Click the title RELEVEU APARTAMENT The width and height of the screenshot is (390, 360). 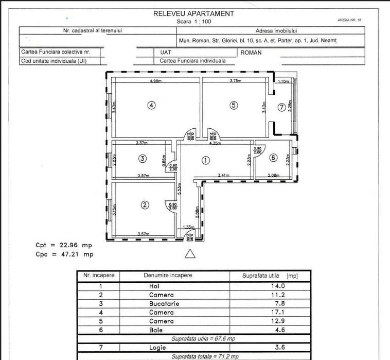coord(193,14)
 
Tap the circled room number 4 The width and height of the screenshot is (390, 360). coord(151,105)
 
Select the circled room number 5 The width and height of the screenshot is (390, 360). coord(233,105)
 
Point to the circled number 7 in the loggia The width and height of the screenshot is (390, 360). coord(281,108)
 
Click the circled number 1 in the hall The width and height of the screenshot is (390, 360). coord(206,160)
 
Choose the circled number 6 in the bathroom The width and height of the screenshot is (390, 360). coord(274,158)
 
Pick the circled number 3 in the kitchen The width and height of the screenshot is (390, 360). coord(143,159)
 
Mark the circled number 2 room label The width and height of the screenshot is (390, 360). coord(145,205)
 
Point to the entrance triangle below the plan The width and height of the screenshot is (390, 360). coord(190,253)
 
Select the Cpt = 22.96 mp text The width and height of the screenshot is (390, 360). coord(65,245)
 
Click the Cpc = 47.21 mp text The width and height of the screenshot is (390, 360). coord(65,254)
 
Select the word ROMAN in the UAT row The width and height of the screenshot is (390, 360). coord(251,53)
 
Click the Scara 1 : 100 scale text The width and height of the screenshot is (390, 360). coord(193,22)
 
